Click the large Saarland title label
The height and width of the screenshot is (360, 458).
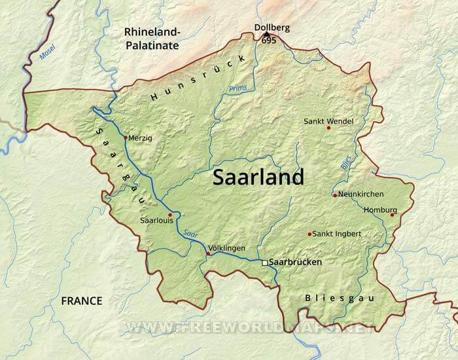pos(258,177)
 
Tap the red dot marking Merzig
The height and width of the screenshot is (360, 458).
pos(125,137)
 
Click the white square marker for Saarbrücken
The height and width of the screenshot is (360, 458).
pos(264,262)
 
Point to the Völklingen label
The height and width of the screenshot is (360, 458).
pos(226,248)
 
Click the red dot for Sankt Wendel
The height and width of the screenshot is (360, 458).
pos(328,128)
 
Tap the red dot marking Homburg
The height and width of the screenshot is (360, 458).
pos(393,215)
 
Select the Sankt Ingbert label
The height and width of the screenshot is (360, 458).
pos(337,234)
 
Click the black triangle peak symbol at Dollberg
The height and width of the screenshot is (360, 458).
pos(266,34)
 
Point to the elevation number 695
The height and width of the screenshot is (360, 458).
pos(268,41)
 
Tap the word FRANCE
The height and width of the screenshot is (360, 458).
pos(82,301)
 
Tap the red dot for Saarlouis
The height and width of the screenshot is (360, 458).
pos(170,215)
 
